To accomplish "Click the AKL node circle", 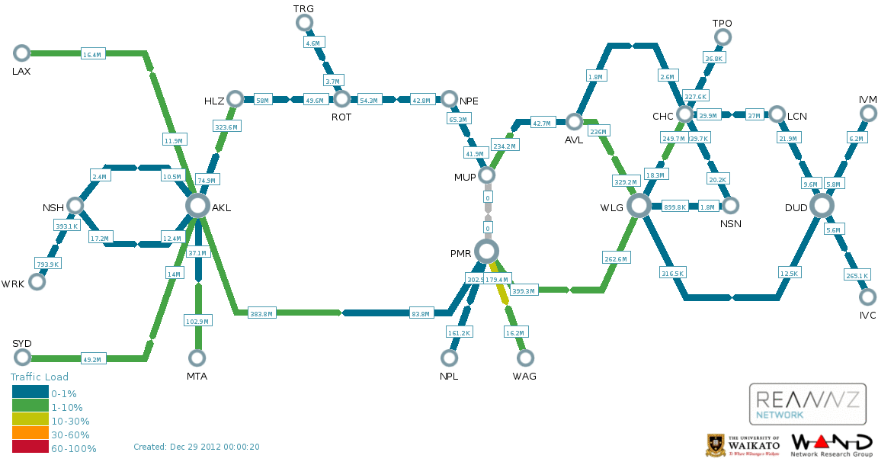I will [x=197, y=205].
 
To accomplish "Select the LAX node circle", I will [x=21, y=53].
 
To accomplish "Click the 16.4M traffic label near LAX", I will [x=92, y=54].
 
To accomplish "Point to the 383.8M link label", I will [x=261, y=313].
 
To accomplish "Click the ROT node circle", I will [x=341, y=98].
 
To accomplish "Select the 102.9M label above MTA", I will [x=197, y=321].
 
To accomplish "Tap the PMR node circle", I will [x=486, y=251].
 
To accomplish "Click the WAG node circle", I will [x=524, y=358].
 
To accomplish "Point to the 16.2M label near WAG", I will [x=515, y=332].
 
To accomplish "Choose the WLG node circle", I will [x=639, y=205].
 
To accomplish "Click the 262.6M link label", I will [x=615, y=259].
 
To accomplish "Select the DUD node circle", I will [x=822, y=205].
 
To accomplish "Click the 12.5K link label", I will [x=790, y=273].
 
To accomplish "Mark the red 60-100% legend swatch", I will [x=30, y=448].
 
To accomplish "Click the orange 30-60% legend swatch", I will [x=30, y=435].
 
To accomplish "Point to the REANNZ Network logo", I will [x=807, y=403].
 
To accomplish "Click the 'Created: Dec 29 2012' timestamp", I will [x=197, y=447].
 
